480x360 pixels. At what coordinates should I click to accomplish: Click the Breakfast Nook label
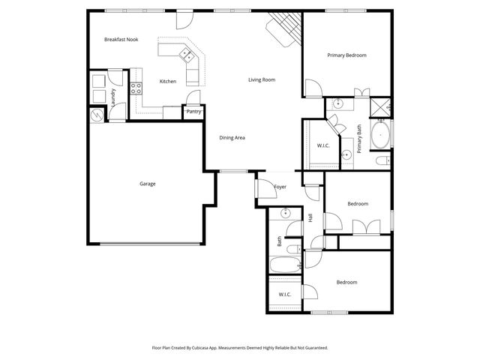click(x=121, y=39)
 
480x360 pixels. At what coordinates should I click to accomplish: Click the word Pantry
click(x=193, y=112)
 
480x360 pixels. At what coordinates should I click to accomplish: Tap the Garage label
click(x=147, y=184)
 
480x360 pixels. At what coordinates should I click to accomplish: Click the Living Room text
click(x=262, y=79)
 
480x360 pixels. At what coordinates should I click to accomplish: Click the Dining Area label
click(x=232, y=137)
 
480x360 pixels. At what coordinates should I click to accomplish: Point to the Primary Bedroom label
click(x=346, y=55)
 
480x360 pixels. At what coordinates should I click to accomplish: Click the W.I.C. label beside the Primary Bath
click(x=324, y=145)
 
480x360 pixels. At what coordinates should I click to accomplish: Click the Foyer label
click(x=280, y=187)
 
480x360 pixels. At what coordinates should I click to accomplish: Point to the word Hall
click(x=310, y=217)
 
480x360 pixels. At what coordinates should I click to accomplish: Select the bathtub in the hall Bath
click(x=283, y=265)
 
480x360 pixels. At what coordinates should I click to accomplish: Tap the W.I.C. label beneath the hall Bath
click(x=285, y=295)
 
